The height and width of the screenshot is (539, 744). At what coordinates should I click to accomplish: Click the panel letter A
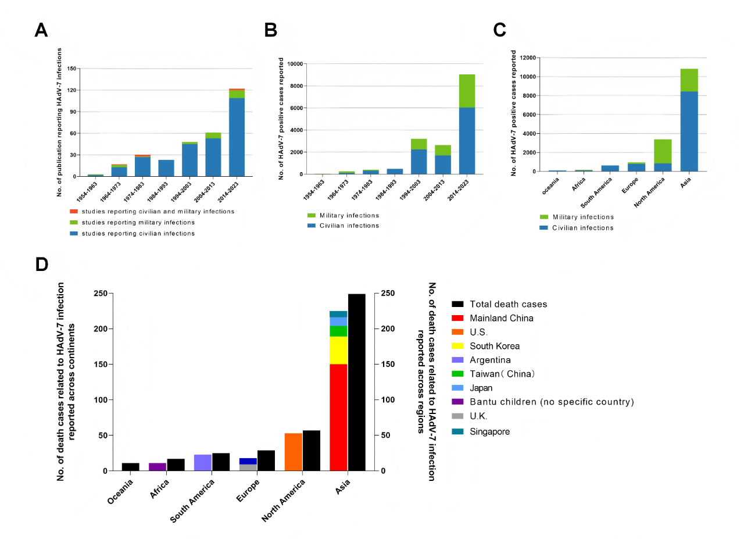click(41, 31)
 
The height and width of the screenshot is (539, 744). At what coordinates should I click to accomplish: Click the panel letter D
click(41, 264)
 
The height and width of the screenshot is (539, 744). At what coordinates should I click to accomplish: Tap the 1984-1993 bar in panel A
click(166, 168)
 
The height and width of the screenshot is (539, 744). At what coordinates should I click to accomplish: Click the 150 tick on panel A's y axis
click(72, 69)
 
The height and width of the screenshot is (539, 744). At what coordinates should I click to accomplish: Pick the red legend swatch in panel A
click(73, 211)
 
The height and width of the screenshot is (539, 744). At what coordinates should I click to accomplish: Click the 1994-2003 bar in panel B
click(419, 156)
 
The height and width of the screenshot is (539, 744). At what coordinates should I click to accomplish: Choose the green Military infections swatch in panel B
click(312, 215)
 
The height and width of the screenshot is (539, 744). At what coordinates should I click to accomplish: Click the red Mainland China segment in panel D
click(338, 417)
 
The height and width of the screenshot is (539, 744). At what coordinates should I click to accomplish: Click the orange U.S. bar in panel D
click(294, 452)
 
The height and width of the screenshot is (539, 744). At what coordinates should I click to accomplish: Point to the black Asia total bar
click(357, 382)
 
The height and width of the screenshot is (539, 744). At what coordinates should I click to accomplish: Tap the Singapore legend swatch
click(457, 431)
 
